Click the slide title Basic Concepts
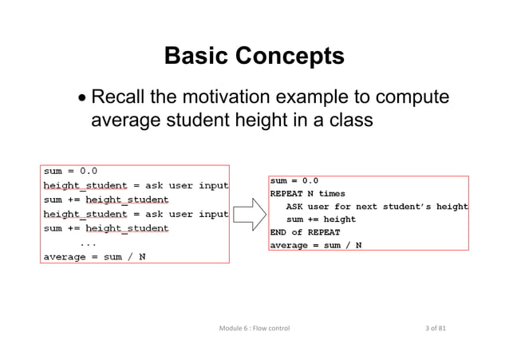[x=254, y=57]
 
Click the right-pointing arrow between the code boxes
[x=250, y=213]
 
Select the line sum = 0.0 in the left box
[x=70, y=171]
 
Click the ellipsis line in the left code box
[x=89, y=243]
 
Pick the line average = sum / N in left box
[x=94, y=257]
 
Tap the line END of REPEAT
[x=305, y=232]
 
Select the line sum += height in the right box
[x=321, y=220]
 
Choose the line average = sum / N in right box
[x=315, y=245]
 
